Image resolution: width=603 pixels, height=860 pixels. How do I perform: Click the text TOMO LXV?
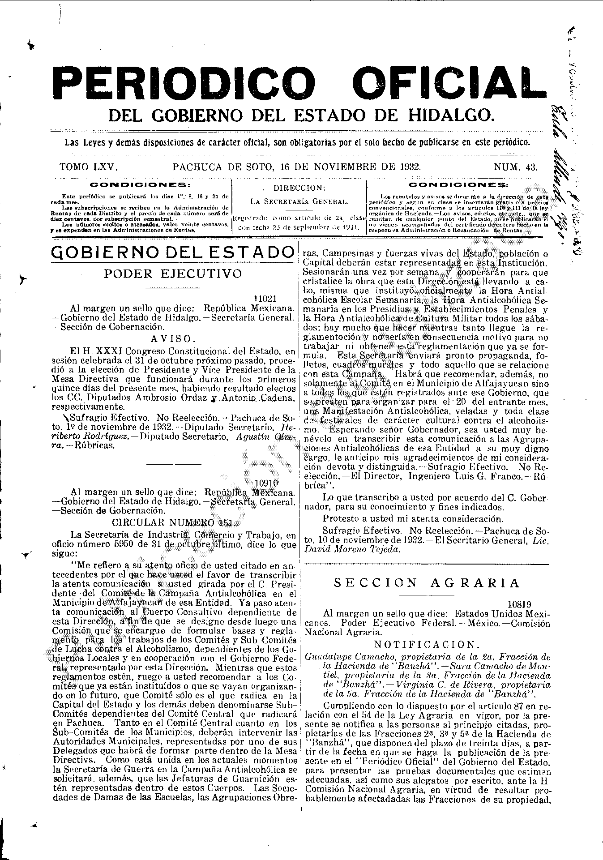[89, 167]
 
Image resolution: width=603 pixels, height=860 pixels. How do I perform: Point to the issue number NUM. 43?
[515, 167]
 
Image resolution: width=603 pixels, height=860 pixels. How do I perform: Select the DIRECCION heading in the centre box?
[299, 188]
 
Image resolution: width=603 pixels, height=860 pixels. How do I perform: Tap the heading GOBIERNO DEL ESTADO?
[172, 252]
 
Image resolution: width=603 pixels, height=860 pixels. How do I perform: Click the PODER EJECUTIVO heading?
[173, 274]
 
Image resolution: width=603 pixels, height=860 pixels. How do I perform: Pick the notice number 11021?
[265, 299]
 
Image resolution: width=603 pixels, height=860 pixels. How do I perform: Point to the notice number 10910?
[266, 483]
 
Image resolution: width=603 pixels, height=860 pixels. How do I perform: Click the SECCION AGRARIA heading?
[427, 582]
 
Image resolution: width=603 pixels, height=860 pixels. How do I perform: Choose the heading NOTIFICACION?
[427, 645]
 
